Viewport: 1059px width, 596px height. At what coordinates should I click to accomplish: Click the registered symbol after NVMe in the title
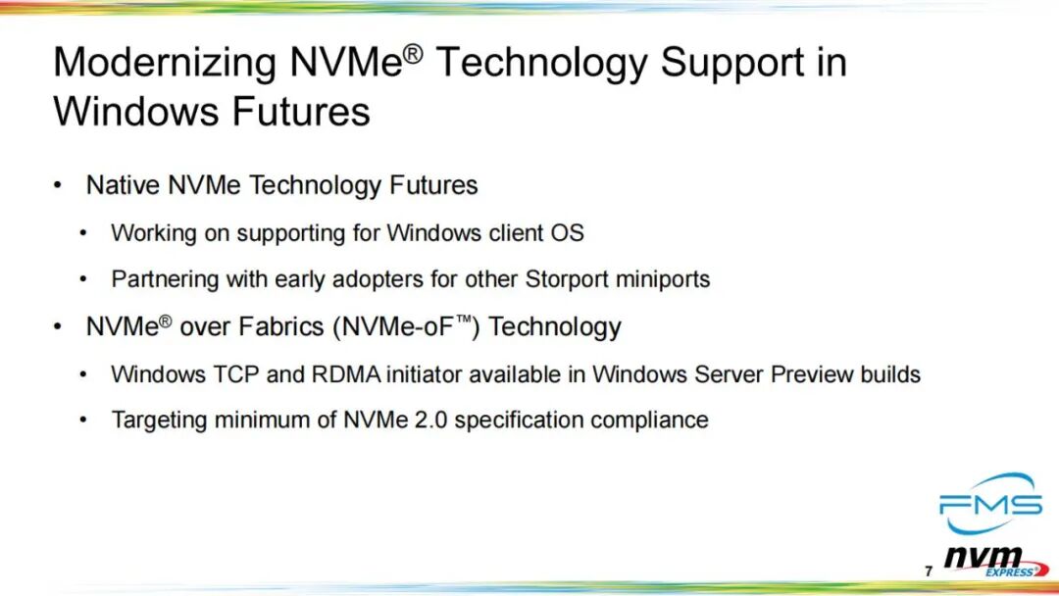pos(414,53)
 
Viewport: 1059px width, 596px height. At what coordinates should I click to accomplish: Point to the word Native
pos(123,185)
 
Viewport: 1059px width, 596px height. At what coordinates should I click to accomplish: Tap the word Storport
pos(567,278)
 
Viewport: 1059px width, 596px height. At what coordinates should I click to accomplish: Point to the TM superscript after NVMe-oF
pos(463,320)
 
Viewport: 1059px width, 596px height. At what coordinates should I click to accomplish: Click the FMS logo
pos(990,504)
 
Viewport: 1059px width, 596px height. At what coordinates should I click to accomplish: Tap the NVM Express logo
pos(996,562)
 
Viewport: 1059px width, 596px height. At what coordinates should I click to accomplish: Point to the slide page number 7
pos(929,571)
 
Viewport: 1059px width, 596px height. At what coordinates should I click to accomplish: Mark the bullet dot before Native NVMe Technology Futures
pos(58,185)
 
